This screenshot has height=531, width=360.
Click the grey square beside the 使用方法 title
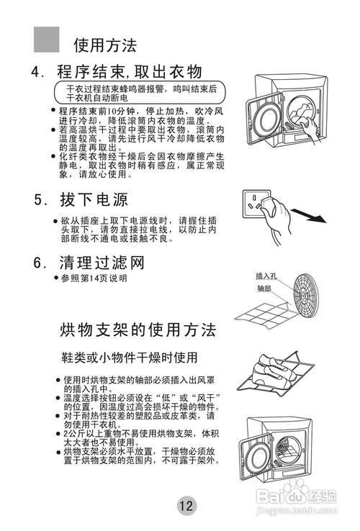click(x=47, y=40)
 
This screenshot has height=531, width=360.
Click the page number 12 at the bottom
click(x=186, y=505)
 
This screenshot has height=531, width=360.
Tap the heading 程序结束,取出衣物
click(x=117, y=71)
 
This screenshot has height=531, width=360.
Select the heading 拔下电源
click(x=81, y=199)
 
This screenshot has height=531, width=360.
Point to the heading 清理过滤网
click(x=89, y=263)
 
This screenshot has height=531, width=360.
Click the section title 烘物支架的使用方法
click(x=138, y=330)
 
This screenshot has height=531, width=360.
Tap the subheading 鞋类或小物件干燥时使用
click(x=129, y=358)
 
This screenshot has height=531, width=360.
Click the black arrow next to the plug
click(x=308, y=216)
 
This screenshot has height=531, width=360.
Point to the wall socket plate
click(x=256, y=204)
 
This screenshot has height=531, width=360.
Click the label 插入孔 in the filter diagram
click(x=266, y=276)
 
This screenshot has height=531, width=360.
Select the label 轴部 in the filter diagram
click(x=264, y=289)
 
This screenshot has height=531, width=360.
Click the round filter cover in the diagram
click(x=305, y=294)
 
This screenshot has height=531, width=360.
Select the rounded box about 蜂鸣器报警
click(x=140, y=92)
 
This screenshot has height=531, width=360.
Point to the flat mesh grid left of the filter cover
click(x=263, y=316)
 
